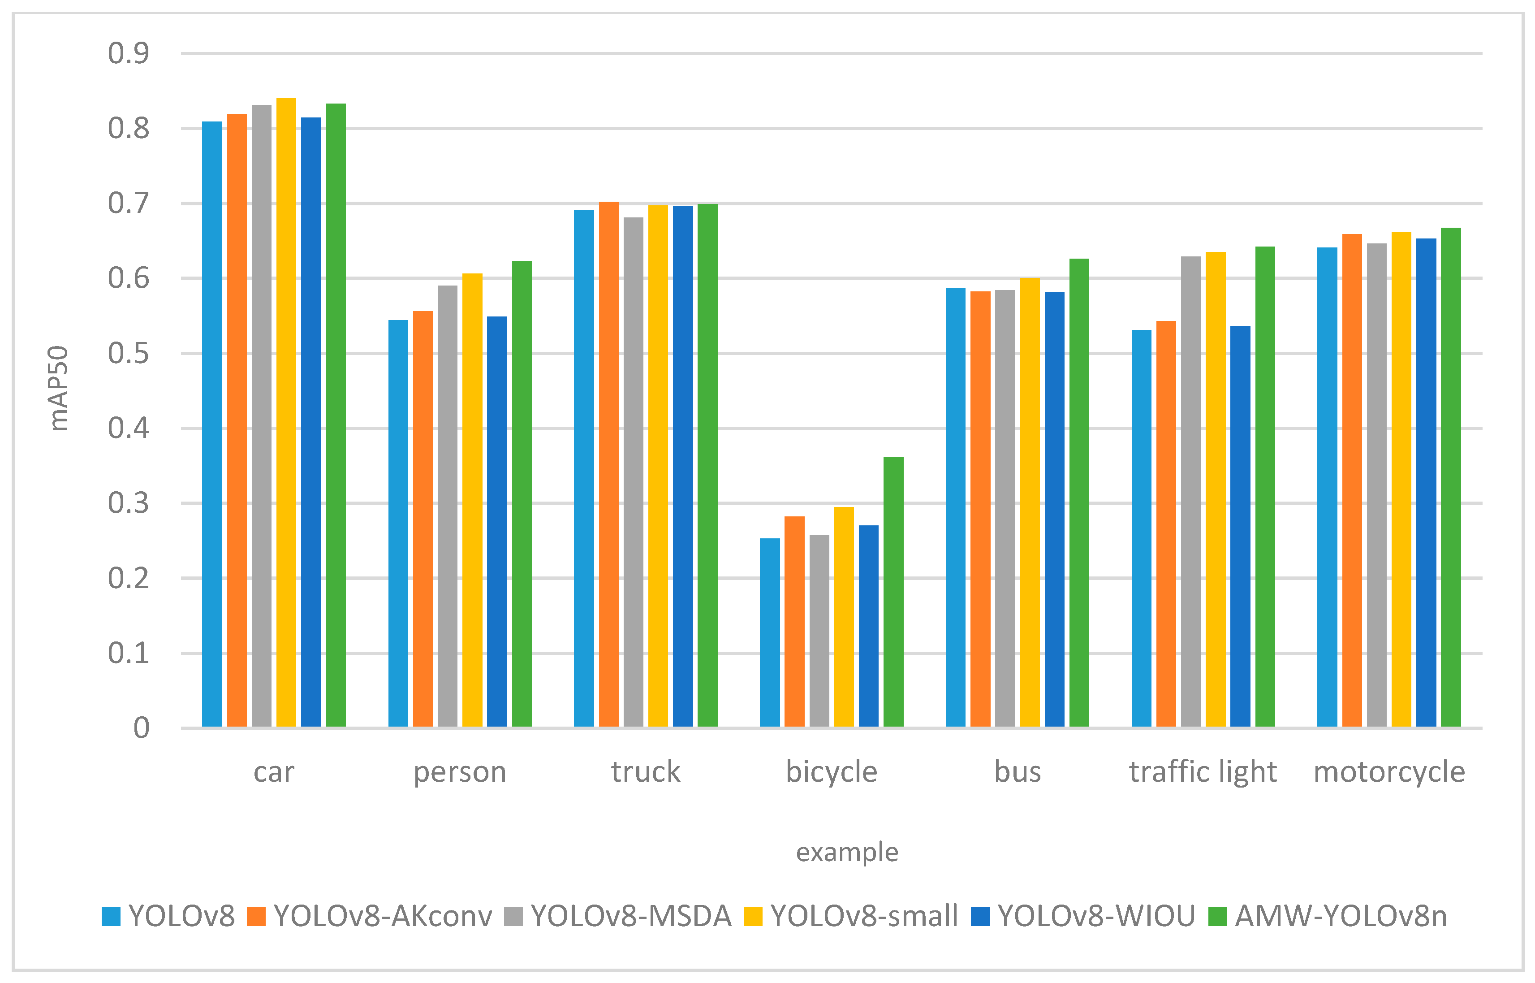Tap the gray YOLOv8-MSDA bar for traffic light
pos(1190,491)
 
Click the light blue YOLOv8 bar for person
pos(398,524)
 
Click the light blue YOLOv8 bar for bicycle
pos(769,632)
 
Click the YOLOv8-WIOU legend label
pos(1096,916)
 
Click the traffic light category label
pos(1203,772)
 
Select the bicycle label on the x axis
pos(831,772)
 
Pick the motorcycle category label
pos(1389,772)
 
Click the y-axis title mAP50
pos(59,388)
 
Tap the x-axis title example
pos(847,852)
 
